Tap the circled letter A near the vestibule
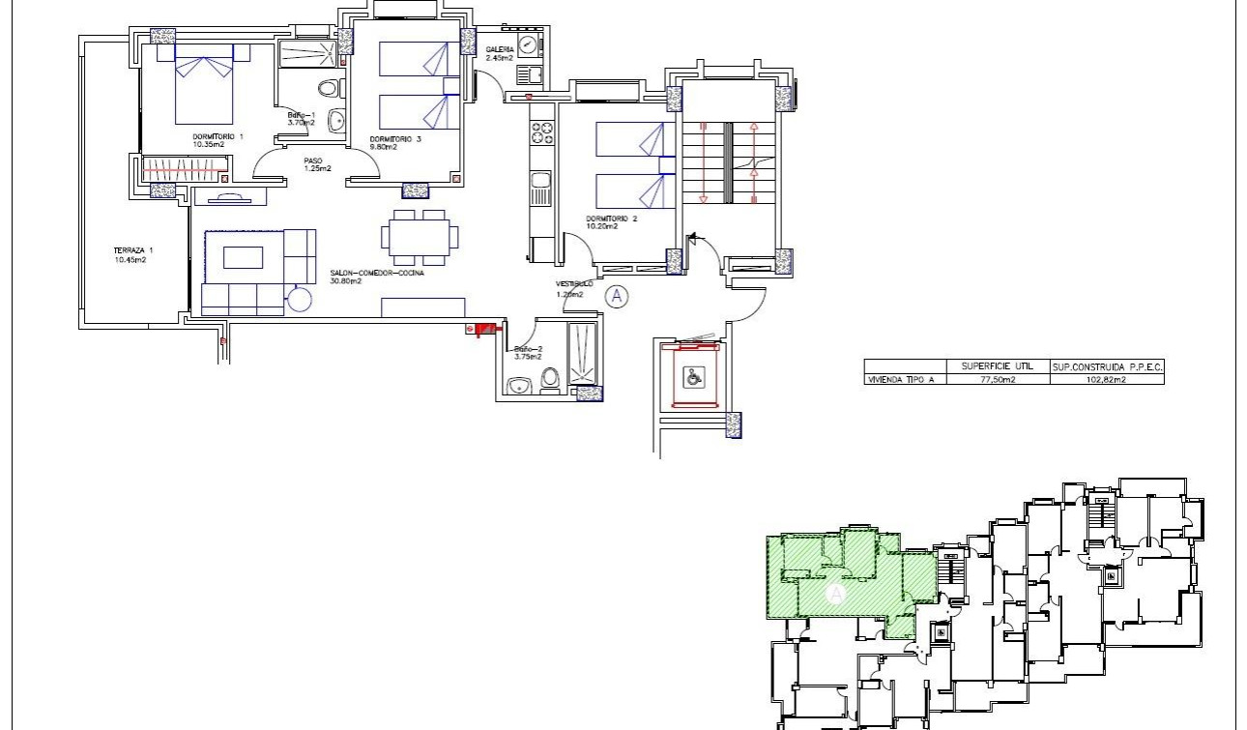616,296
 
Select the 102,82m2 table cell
1107,380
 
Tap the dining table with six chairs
420,237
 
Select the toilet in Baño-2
551,379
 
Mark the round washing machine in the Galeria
527,44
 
